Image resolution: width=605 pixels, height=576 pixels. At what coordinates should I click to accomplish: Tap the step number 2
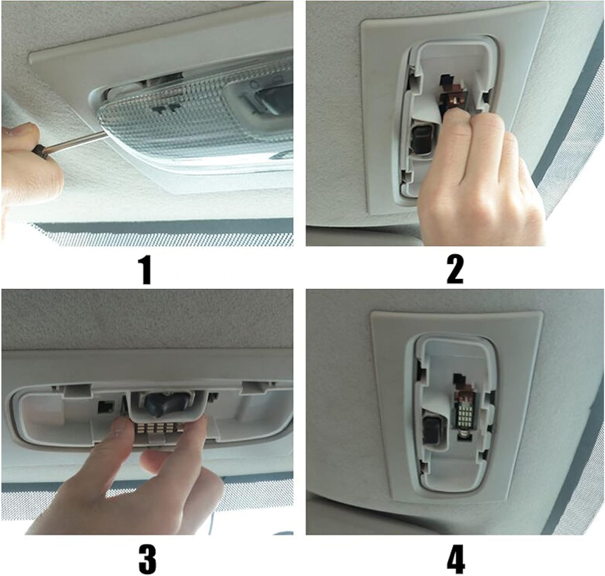click(455, 270)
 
